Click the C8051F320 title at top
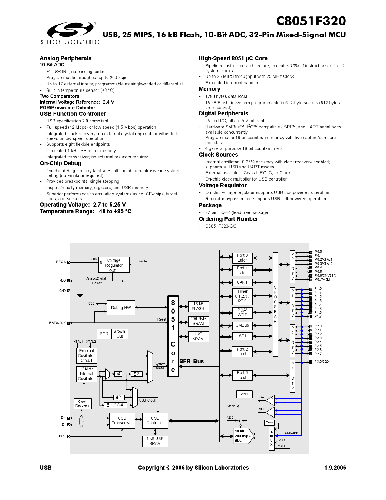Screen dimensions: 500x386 311,21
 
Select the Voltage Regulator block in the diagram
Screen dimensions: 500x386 114,265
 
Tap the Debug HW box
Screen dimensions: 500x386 121,308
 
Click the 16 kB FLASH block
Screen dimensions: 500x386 198,306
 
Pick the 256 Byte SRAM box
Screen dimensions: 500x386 198,321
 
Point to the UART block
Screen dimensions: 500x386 242,282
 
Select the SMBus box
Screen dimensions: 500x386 242,325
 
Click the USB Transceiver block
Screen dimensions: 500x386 122,421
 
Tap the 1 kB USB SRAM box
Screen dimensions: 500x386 155,441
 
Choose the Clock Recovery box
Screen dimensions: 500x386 82,404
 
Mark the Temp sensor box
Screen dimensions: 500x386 269,422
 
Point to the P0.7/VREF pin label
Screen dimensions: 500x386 323,279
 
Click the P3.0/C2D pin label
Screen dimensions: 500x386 322,362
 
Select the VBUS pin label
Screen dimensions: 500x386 61,436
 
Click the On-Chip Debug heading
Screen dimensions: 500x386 61,163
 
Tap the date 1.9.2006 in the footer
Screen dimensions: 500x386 335,468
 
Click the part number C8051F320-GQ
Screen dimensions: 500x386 221,226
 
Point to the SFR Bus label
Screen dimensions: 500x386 192,361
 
